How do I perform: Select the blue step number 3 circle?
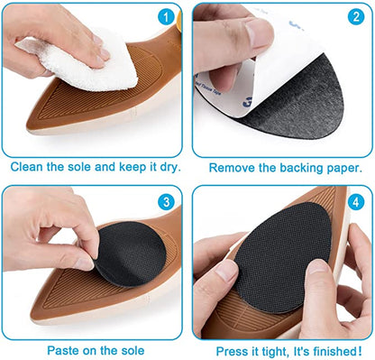(x=165, y=202)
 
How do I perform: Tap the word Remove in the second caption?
(x=230, y=167)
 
